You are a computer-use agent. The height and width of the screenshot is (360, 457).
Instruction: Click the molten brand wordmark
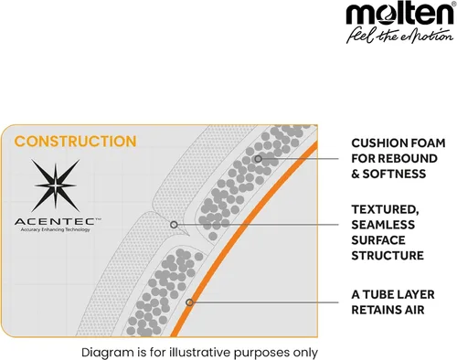pos(399,14)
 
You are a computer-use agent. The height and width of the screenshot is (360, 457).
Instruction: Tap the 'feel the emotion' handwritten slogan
pos(399,36)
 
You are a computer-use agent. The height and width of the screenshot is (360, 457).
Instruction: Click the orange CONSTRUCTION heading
pos(75,142)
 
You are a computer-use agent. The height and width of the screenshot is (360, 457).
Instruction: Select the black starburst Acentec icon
pos(55,185)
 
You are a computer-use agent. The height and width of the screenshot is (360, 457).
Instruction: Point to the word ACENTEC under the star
pos(56,221)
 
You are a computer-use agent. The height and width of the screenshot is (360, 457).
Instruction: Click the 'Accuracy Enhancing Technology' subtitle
pos(55,229)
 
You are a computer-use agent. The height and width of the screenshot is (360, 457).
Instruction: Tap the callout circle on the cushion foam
pos(259,159)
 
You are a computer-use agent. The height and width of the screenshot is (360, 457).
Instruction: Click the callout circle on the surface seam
pos(174,225)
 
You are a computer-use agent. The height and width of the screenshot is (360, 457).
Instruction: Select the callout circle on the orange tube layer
pos(189,302)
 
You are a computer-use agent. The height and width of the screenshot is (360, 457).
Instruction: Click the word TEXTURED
pos(385,209)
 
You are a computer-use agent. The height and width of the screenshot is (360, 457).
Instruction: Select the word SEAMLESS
pos(383,225)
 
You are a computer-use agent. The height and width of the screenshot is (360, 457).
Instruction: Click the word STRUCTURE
pos(388,256)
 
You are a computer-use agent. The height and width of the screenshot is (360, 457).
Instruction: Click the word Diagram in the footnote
pos(107,353)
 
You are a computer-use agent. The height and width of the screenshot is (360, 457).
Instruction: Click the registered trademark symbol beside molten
pos(453,4)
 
